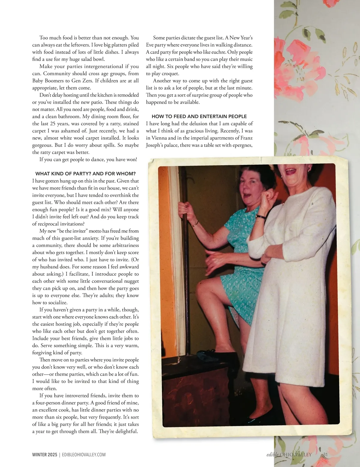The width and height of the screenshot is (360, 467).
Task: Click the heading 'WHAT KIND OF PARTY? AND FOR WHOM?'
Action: (85, 174)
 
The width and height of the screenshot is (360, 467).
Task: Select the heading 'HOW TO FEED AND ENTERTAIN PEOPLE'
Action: (199, 116)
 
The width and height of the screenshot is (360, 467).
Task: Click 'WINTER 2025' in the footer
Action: (45, 455)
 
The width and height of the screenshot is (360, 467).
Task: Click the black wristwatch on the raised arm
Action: (260, 216)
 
